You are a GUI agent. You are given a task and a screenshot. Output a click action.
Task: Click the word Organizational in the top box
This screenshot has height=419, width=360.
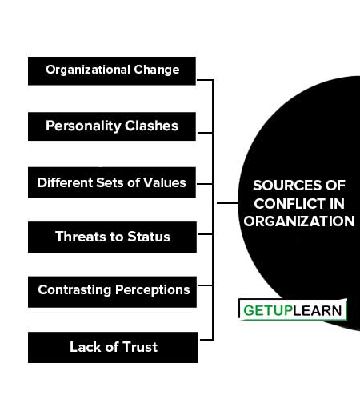(88, 70)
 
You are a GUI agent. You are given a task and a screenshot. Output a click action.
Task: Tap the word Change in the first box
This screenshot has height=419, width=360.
(157, 70)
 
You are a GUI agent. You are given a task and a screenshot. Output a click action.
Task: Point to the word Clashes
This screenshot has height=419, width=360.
(151, 126)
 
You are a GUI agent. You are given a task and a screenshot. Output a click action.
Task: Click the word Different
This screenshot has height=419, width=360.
(65, 183)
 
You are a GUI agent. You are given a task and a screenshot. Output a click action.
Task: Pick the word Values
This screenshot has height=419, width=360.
(165, 183)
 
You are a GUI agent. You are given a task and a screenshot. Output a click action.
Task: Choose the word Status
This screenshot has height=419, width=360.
(149, 237)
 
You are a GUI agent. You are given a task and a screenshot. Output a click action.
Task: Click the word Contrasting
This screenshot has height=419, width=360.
(74, 290)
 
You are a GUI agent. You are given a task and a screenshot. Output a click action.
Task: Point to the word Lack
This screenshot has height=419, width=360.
(86, 347)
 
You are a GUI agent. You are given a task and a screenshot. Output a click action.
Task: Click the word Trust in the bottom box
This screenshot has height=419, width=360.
(140, 347)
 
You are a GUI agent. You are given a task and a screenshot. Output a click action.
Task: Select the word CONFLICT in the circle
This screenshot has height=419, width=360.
(287, 204)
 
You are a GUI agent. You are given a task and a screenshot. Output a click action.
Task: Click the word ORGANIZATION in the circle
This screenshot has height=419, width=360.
(299, 221)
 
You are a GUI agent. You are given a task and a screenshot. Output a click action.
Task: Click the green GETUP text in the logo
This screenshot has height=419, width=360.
(268, 311)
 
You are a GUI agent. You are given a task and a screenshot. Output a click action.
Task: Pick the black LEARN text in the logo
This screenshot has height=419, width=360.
(318, 311)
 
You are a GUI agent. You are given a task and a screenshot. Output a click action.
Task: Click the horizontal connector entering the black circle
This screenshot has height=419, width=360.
(227, 203)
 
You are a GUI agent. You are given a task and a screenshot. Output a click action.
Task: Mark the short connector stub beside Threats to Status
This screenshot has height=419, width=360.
(206, 234)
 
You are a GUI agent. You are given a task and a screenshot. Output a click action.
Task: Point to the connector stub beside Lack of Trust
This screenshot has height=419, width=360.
(206, 340)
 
